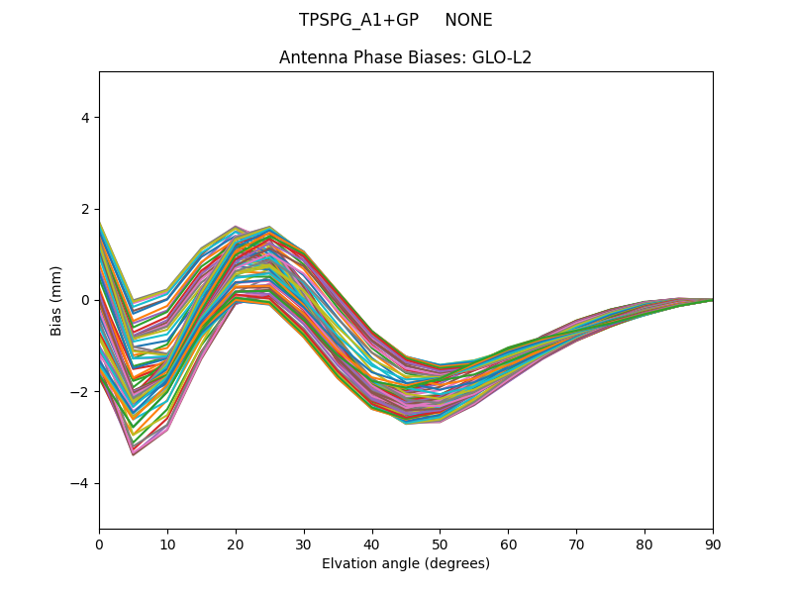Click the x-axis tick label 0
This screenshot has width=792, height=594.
coord(99,544)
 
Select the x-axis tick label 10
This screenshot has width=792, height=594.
coord(167,544)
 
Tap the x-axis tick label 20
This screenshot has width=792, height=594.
coord(236,544)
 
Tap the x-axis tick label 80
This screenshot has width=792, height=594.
coord(644,544)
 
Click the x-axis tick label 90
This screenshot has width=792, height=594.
coord(713,544)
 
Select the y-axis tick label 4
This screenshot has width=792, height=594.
coord(85,118)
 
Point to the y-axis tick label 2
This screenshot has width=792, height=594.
coord(85,209)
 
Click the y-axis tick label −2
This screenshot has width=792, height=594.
coord(81,392)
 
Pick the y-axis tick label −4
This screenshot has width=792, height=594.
coord(81,483)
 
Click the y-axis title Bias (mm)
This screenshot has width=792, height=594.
coord(57,300)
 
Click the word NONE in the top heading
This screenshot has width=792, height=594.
coord(468,20)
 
